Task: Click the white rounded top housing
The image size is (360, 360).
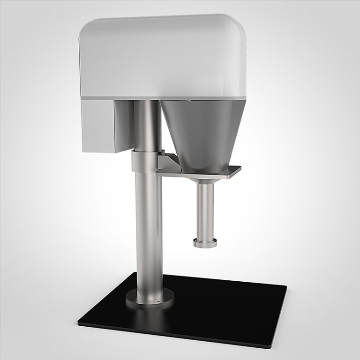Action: pos(164,56)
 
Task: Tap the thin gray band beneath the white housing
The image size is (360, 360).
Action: pos(164,99)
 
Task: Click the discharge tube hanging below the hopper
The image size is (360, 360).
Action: pos(204,211)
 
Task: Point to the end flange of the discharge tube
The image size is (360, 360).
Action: pos(205,243)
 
